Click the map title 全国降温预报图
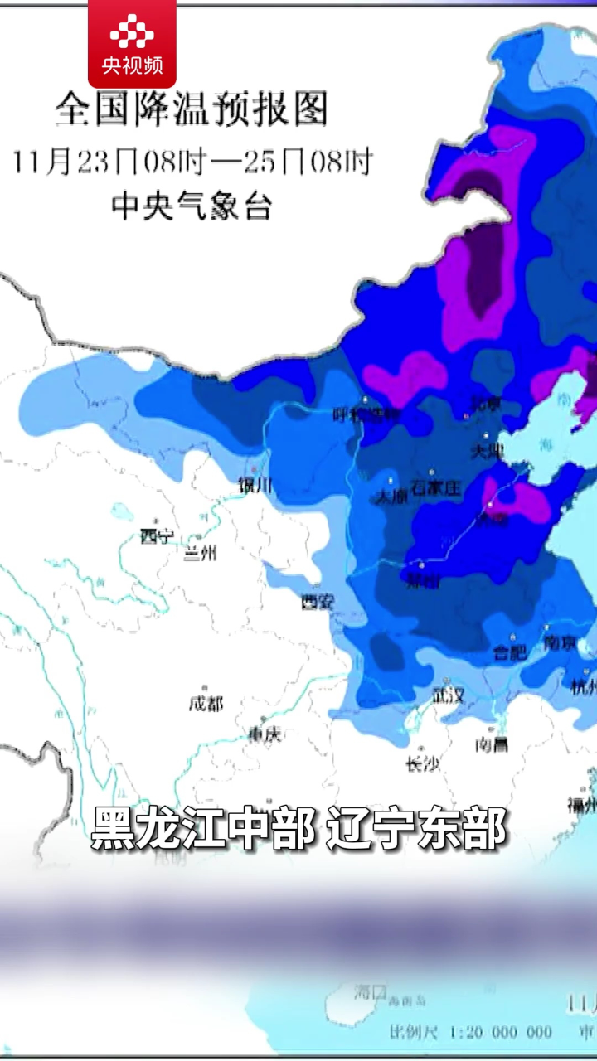tap(192, 109)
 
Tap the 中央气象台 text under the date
tap(192, 206)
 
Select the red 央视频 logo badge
tap(132, 43)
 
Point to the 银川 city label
tap(255, 487)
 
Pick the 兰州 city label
tap(200, 553)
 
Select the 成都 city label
tap(206, 704)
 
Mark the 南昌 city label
tap(492, 744)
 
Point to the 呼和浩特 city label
tap(366, 414)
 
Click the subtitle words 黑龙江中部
tap(203, 828)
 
